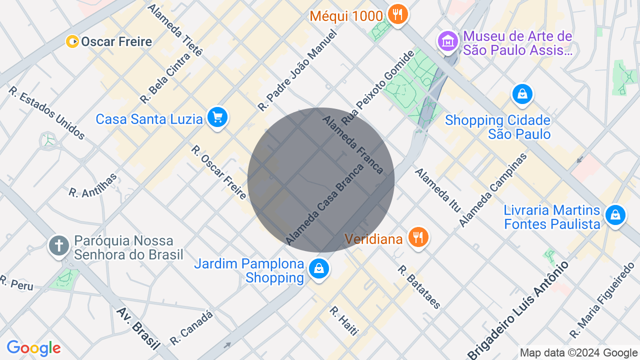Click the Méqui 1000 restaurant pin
coord(397,14)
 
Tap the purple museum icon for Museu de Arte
coord(447,41)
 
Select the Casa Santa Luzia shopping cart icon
coord(217,118)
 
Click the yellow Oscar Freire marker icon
coord(72,41)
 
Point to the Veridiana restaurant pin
coord(418,237)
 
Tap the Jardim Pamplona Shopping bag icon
coord(318,269)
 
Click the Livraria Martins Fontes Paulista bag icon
coord(615,215)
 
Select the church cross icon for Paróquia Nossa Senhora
coord(59,245)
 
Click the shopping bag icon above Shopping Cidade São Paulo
coord(522,94)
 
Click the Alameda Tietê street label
coord(175,30)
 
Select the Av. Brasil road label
coord(138,328)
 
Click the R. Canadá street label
coord(191,328)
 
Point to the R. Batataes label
coord(419,287)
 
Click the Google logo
coord(33,348)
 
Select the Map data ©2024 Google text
coord(578,353)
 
